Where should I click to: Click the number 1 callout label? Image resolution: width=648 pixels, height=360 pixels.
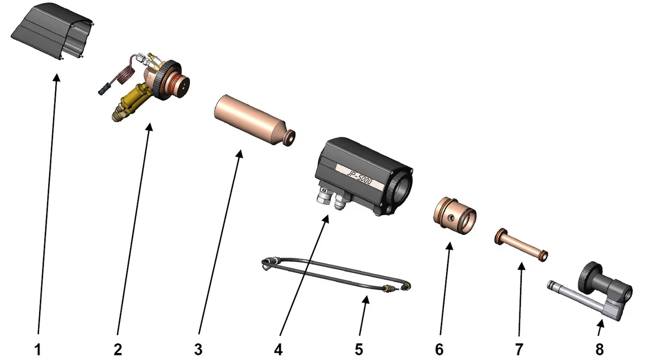point(38,349)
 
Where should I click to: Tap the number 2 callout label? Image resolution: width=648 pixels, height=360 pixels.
point(118,349)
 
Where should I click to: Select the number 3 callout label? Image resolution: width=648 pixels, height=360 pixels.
point(198,349)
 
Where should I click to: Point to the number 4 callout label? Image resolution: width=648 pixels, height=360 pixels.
point(278,349)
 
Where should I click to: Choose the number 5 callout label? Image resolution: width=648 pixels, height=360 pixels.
point(359,349)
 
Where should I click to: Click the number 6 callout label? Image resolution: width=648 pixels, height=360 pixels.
point(439,349)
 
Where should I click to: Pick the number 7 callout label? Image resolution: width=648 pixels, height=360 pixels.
point(519,349)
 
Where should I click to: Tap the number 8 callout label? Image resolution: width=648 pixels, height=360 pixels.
point(599,349)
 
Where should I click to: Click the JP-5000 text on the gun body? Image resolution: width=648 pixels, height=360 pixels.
point(359,177)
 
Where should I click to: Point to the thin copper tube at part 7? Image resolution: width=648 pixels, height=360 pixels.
point(521,245)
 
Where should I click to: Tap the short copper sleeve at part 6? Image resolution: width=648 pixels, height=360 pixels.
point(454,216)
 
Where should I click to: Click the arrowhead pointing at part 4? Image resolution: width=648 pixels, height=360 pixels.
point(327,219)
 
